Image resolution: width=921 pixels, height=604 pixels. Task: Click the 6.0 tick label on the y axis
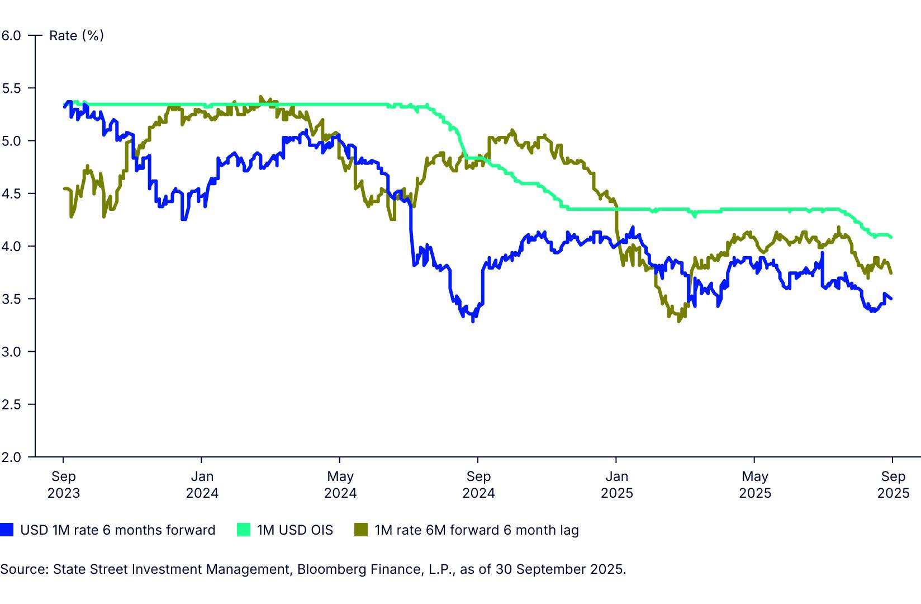click(11, 36)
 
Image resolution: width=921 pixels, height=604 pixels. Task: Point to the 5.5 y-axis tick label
click(11, 88)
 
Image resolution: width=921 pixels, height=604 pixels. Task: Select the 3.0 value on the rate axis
click(11, 352)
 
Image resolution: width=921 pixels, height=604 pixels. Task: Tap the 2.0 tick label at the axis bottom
click(11, 457)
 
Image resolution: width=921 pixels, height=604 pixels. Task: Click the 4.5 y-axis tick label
click(11, 194)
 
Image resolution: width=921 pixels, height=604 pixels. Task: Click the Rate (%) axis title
click(77, 36)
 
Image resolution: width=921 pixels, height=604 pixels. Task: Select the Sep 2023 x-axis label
click(63, 484)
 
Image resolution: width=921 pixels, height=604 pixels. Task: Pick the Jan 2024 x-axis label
click(202, 484)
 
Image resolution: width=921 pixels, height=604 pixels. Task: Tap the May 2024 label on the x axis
click(340, 484)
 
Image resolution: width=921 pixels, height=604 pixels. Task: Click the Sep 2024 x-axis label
click(478, 484)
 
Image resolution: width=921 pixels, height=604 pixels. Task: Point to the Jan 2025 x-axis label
click(617, 484)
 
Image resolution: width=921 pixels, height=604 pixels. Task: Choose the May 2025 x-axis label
click(755, 484)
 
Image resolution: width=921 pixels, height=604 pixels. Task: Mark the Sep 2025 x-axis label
click(893, 484)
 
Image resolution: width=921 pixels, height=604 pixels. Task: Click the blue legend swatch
click(7, 530)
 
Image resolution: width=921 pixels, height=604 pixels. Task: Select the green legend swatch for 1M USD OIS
click(244, 530)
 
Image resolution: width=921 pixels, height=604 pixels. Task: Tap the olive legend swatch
click(361, 530)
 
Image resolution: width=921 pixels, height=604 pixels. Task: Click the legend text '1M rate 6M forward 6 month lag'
click(477, 530)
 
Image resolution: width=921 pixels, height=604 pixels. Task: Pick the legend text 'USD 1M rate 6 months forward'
click(117, 530)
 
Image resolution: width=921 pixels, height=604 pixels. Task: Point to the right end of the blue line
click(891, 299)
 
